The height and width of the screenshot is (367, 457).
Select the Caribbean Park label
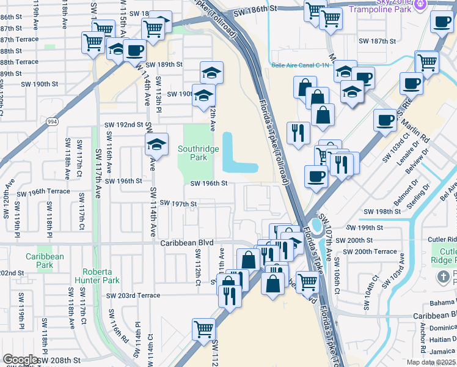pyautogui.click(x=45, y=261)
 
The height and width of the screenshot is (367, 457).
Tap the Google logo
pyautogui.click(x=20, y=360)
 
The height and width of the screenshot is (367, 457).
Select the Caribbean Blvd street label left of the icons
pyautogui.click(x=187, y=243)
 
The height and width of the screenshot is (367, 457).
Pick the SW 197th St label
pyautogui.click(x=178, y=203)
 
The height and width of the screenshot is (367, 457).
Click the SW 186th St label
pyautogui.click(x=255, y=10)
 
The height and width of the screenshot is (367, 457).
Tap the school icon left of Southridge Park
pyautogui.click(x=156, y=145)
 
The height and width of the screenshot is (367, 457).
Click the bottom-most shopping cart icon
pyautogui.click(x=203, y=328)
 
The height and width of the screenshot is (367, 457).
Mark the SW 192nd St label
pyautogui.click(x=123, y=124)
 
